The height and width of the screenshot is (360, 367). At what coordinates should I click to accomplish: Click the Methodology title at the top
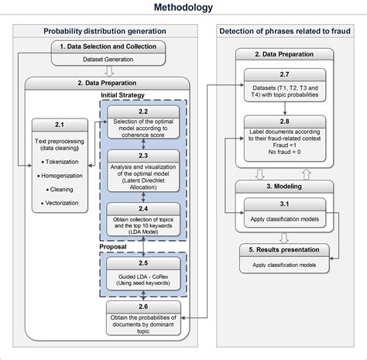183,9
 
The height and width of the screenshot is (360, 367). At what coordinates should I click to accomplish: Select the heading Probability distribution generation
104,32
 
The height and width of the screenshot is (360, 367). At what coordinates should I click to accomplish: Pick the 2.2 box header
145,112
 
